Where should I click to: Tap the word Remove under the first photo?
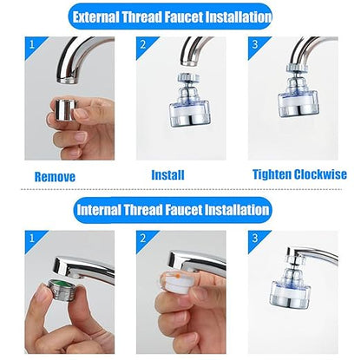pos(55,175)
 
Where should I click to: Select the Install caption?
pos(167,174)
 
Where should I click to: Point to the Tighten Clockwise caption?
pos(299,174)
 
